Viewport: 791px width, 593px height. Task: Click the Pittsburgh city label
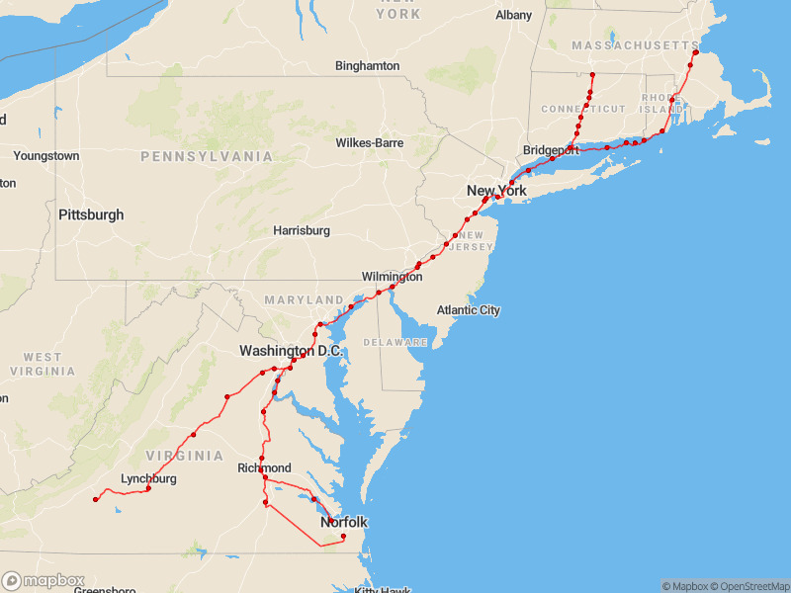coord(91,214)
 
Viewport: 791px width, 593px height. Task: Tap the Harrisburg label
coord(302,230)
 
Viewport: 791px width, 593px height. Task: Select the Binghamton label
coord(368,66)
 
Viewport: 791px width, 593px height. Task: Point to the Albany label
coord(513,15)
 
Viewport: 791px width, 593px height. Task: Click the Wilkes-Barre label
coord(370,142)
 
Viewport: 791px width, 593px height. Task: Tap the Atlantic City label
coord(469,310)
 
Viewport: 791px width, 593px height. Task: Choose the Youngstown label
coord(46,156)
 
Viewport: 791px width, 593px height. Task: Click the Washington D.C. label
coord(291,351)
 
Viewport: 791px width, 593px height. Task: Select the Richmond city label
coord(264,467)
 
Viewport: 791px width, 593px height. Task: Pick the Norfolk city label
coord(343,522)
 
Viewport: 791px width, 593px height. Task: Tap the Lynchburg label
coord(148,479)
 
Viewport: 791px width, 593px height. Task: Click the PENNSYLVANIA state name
coord(207,156)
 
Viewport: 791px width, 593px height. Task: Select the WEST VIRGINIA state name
coord(43,364)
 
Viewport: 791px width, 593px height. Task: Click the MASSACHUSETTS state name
coord(634,46)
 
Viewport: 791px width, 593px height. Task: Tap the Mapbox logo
coord(44,581)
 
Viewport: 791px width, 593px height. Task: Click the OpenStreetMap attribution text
coord(748,586)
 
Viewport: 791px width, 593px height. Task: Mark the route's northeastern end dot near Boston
coord(695,52)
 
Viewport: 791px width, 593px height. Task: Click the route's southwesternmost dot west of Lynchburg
coord(96,499)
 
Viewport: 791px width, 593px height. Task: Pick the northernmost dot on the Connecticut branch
coord(592,75)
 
